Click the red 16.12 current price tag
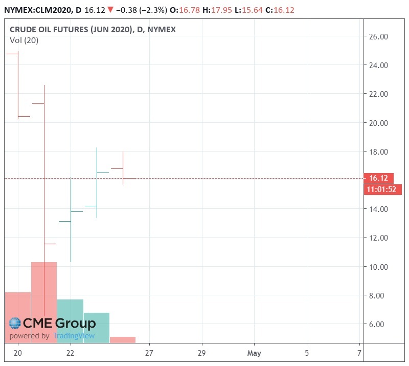(378, 179)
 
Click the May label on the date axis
(254, 353)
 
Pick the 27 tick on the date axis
(149, 353)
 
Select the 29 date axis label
(201, 353)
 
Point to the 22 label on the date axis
(71, 353)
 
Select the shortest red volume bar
(123, 339)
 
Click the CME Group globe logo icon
(15, 324)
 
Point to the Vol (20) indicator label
(24, 41)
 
